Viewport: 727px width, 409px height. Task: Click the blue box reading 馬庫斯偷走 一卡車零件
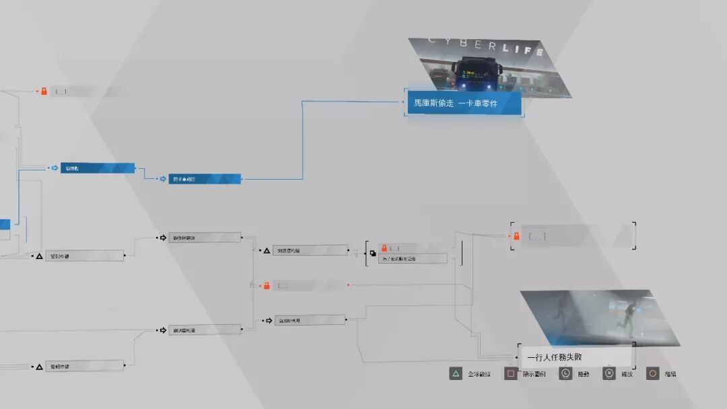[x=464, y=104]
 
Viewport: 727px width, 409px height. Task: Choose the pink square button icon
[x=510, y=374]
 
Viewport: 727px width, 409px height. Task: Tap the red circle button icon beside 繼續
[x=652, y=374]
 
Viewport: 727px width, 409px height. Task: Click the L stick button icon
[x=565, y=374]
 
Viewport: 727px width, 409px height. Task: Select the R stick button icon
[x=609, y=374]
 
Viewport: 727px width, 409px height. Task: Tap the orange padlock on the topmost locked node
[x=44, y=91]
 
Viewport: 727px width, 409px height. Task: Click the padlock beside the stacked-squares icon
[x=384, y=248]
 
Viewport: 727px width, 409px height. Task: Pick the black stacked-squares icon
[x=372, y=254]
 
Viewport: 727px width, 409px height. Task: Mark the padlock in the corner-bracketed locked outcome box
[x=516, y=236]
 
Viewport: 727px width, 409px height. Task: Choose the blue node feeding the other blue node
[x=98, y=168]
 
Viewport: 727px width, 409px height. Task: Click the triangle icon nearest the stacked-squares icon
[x=267, y=250]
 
